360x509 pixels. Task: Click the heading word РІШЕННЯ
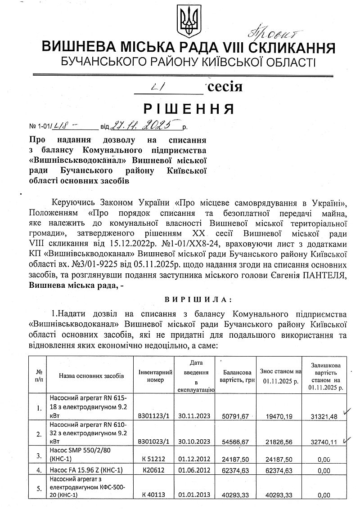(189, 109)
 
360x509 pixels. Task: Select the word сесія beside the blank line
(224, 86)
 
